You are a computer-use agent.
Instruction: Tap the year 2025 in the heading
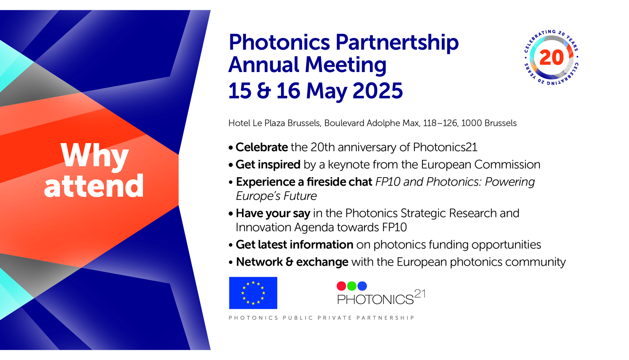click(x=378, y=90)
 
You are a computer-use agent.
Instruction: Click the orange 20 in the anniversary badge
click(x=552, y=58)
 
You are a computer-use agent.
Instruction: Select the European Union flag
click(x=253, y=293)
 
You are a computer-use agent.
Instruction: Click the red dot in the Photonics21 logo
click(x=341, y=286)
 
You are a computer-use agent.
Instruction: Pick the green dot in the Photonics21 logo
click(x=352, y=286)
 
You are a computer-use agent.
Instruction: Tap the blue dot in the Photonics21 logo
click(x=362, y=286)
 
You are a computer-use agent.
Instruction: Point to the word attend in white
click(x=94, y=186)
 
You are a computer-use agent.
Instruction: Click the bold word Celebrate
click(x=262, y=147)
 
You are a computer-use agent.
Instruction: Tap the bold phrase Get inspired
click(x=268, y=165)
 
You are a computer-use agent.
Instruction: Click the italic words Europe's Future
click(x=276, y=196)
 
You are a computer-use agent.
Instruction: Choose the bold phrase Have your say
click(x=273, y=214)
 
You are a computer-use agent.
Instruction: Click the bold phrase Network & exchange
click(x=292, y=262)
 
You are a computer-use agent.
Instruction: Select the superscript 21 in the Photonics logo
click(x=420, y=294)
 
